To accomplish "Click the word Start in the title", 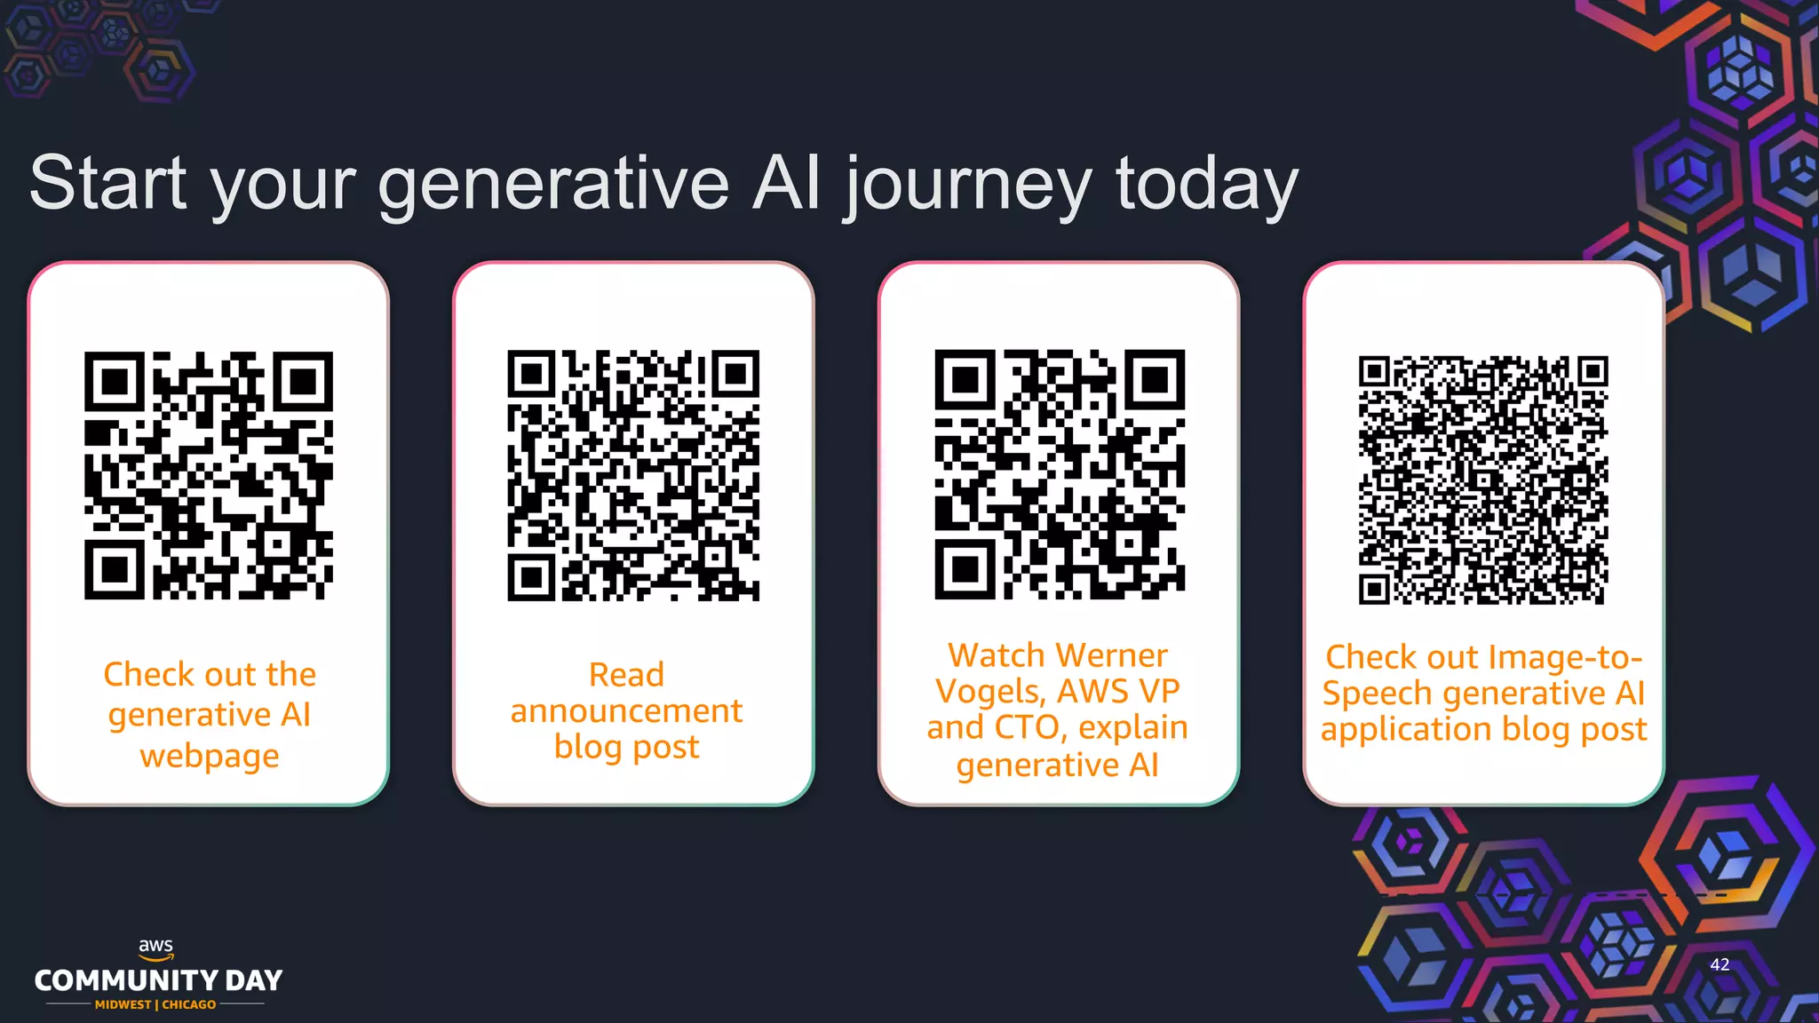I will click(107, 183).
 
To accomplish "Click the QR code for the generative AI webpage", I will click(209, 475).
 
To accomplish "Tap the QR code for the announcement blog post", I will click(633, 475).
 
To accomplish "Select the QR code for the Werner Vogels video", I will click(1060, 475).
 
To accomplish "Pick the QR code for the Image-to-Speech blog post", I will click(1483, 480).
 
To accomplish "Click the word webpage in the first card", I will click(210, 757).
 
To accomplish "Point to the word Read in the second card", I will click(626, 675).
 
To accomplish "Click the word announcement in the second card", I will click(626, 711).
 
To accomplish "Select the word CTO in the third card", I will click(1027, 728).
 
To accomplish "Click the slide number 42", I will click(1720, 964).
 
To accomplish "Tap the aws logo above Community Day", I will click(156, 948).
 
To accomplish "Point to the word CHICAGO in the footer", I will click(188, 1004).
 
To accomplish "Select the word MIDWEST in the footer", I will click(123, 1004).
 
